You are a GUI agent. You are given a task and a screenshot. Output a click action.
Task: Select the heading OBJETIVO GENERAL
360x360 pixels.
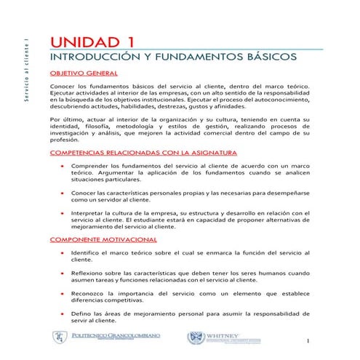pyautogui.click(x=84, y=73)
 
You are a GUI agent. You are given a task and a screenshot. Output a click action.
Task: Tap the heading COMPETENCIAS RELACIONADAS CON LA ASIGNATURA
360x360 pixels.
pyautogui.click(x=143, y=153)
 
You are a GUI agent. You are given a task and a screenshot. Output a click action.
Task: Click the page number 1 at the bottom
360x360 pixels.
pyautogui.click(x=308, y=341)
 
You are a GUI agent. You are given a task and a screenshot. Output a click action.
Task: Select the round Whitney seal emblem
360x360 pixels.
pyautogui.click(x=195, y=337)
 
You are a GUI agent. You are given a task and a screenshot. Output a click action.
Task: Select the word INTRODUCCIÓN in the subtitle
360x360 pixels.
pyautogui.click(x=94, y=56)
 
